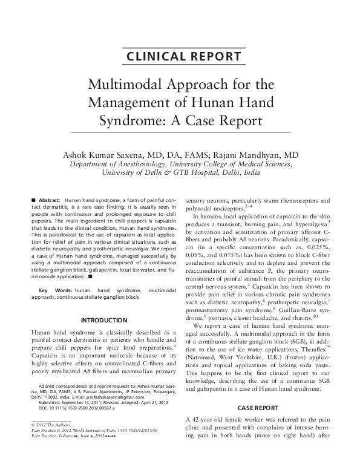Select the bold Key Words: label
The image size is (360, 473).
click(x=53, y=291)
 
